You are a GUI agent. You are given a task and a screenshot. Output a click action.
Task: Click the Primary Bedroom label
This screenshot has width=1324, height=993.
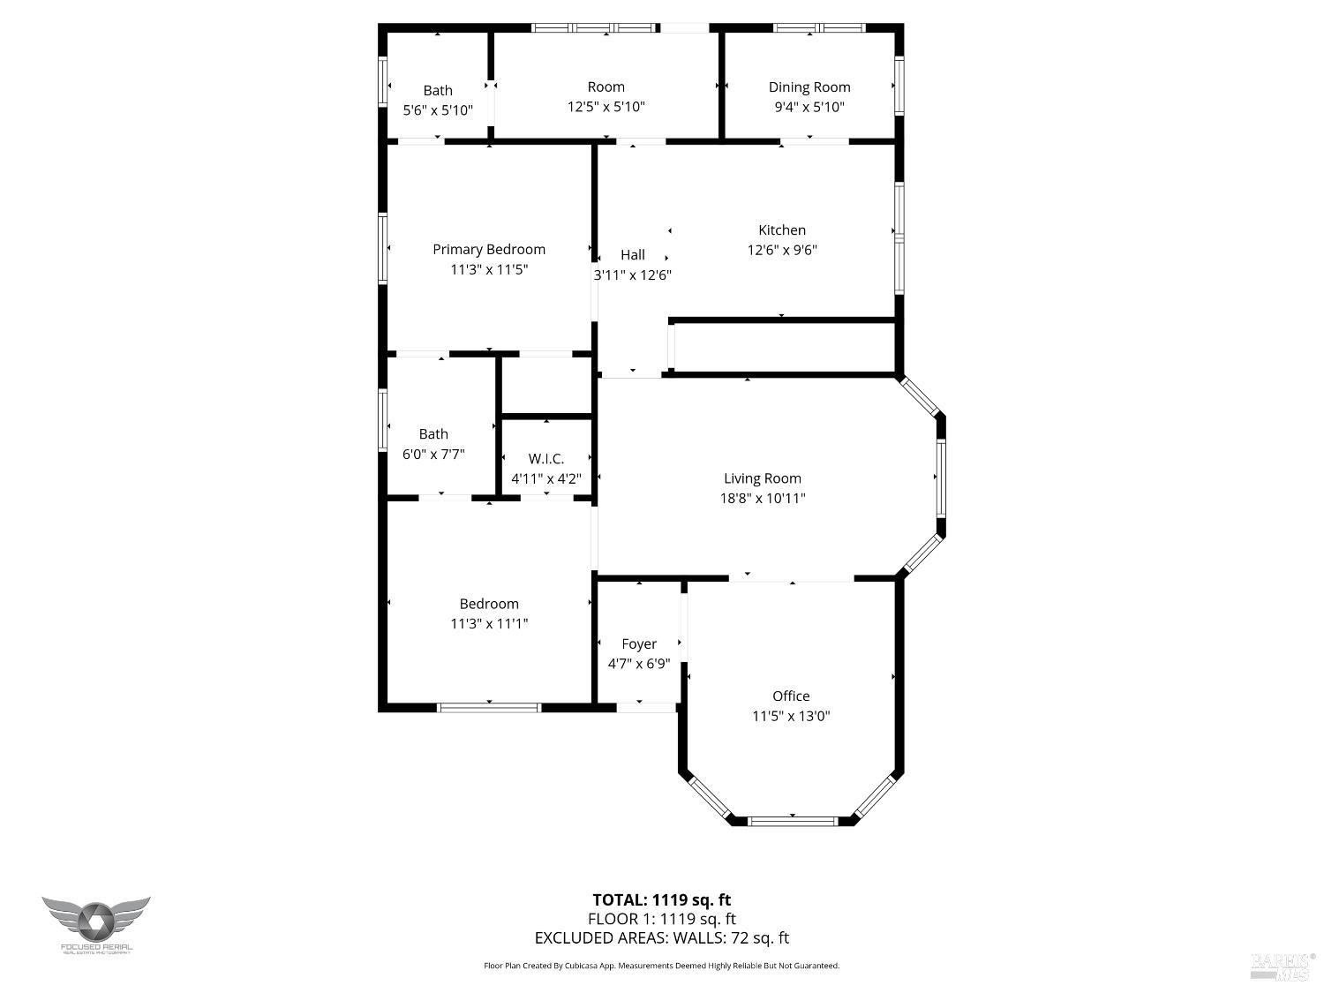(488, 250)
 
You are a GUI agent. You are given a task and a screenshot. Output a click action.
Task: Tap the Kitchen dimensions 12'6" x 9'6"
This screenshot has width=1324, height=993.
(782, 250)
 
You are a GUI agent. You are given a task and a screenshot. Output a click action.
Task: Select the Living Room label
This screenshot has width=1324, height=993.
(763, 478)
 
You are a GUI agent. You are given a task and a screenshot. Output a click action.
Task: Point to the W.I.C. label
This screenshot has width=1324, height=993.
(546, 459)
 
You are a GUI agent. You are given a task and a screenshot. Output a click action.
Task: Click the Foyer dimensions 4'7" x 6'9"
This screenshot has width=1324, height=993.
(639, 664)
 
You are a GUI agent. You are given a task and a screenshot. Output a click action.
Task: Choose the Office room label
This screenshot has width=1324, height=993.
(791, 696)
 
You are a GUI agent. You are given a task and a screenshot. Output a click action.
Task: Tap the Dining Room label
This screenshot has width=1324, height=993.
(809, 87)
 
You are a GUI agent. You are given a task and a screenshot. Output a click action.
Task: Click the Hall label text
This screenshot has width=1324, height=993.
(633, 255)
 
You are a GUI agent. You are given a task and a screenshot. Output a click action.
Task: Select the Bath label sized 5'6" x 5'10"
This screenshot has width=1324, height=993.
(438, 90)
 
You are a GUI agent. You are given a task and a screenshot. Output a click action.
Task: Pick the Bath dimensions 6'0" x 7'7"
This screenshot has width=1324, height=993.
(433, 454)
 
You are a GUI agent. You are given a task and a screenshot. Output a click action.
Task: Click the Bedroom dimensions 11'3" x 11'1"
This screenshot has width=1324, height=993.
(489, 623)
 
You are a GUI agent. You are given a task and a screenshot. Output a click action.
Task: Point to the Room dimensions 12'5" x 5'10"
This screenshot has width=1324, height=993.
(606, 107)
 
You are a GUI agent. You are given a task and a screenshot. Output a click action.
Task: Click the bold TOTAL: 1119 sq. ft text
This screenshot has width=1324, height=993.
(661, 900)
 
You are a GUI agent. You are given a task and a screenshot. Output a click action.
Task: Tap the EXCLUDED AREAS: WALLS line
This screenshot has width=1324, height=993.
(661, 938)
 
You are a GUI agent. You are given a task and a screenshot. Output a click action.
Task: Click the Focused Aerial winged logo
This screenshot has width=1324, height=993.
(96, 922)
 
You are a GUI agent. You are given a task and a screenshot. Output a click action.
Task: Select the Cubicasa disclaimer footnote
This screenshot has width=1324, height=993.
(661, 966)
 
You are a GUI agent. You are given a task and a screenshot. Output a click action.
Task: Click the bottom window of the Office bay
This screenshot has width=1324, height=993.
(792, 821)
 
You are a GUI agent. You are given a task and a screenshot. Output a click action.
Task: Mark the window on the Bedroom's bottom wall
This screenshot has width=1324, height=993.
(489, 707)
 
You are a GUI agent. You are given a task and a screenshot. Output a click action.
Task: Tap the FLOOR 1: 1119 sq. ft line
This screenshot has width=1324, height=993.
(661, 919)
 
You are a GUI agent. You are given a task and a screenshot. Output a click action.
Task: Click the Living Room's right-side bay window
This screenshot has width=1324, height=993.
(941, 478)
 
